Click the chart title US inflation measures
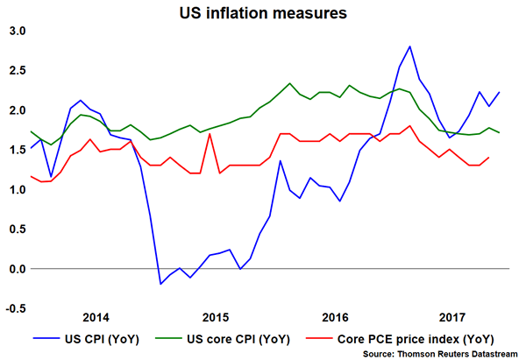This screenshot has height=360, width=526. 262,12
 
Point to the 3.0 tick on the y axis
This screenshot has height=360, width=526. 17,31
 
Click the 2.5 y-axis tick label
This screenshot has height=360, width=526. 17,70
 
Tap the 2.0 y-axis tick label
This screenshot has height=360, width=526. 17,110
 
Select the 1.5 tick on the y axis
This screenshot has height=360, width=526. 17,150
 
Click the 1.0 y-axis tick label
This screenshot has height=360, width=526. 17,189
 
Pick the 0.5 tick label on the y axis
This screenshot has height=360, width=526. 17,229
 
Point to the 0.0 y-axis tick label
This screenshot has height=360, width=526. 17,268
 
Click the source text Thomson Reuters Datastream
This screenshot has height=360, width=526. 444,352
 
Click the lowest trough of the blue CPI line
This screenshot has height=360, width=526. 160,284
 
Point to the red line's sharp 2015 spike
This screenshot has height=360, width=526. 210,134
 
